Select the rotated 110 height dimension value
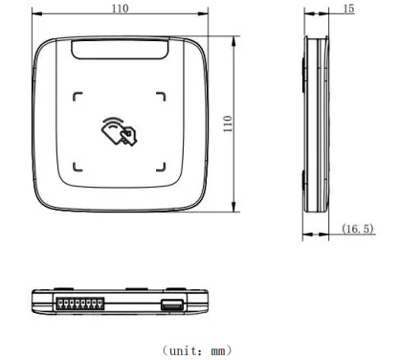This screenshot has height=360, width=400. (x=230, y=124)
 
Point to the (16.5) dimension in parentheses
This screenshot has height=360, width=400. (x=357, y=230)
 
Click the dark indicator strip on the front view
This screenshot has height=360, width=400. (x=120, y=51)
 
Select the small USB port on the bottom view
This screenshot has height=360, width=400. (x=171, y=304)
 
